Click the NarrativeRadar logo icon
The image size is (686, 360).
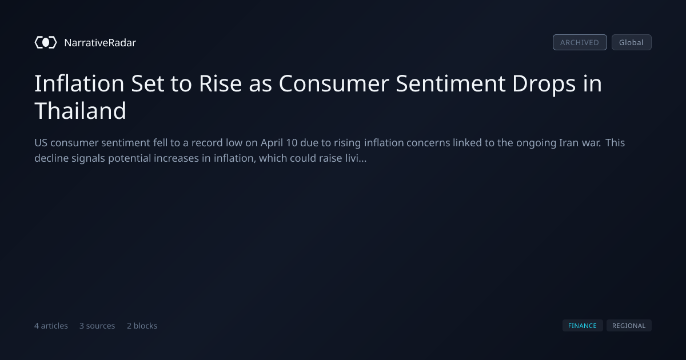point(46,42)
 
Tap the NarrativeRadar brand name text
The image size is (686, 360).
point(100,43)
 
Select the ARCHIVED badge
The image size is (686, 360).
point(580,42)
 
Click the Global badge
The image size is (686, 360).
point(632,42)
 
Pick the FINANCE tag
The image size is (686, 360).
point(583,326)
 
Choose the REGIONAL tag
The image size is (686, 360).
point(629,326)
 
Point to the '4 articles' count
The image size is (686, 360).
point(51,326)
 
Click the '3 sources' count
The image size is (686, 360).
point(97,326)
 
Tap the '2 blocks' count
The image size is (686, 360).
point(142,326)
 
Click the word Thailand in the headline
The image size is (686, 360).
point(80,110)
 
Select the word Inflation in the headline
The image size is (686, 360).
point(79,83)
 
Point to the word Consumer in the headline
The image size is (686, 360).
point(334,83)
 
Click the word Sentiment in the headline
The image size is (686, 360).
point(450,83)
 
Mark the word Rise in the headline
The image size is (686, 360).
point(220,83)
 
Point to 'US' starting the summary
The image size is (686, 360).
point(41,143)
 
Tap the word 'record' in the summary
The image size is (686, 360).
point(207,143)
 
